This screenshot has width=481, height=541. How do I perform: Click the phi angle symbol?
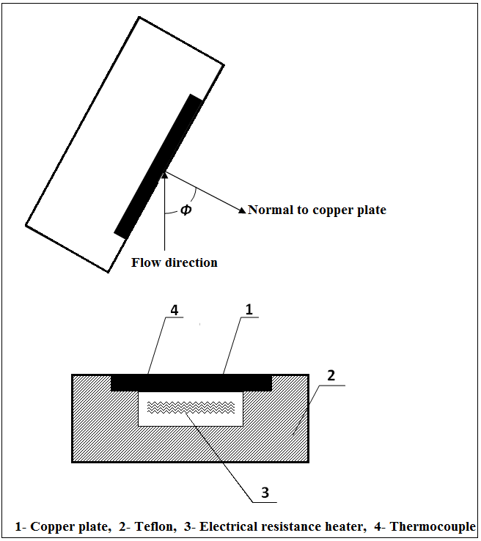coord(186,210)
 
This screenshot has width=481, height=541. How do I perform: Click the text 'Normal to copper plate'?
coord(317,210)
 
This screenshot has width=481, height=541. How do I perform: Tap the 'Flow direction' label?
coord(175,262)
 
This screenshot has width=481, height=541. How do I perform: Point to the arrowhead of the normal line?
coord(242,211)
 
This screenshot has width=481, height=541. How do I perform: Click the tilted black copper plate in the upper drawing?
coord(159,166)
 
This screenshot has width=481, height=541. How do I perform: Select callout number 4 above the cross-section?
coord(175,310)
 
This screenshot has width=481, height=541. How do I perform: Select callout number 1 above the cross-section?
coord(249,310)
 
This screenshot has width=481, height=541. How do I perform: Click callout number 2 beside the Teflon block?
coord(331,375)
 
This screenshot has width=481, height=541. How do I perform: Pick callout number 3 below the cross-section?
coord(262,492)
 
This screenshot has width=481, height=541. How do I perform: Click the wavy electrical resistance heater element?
coord(191,406)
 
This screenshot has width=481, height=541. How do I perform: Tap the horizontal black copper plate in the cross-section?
coord(191,382)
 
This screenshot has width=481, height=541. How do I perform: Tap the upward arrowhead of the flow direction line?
coord(166,174)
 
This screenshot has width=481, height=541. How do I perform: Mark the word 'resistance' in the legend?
coord(294,526)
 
